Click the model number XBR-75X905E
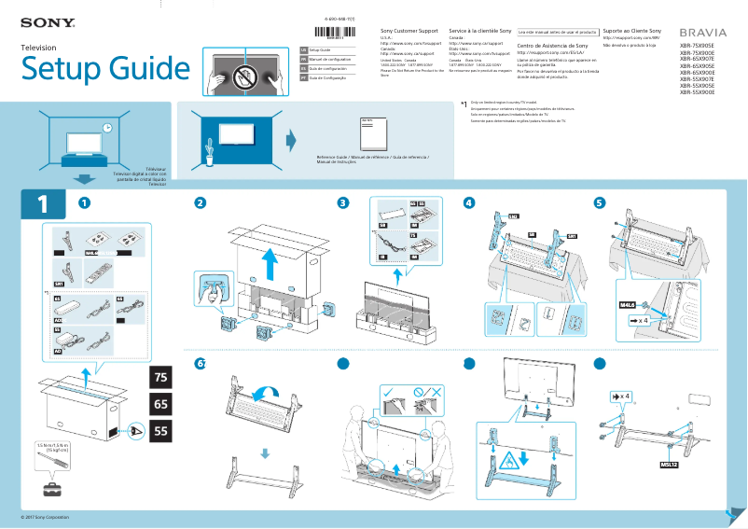click(697, 47)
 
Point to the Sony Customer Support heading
click(410, 32)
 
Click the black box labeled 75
click(161, 378)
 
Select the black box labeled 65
click(161, 405)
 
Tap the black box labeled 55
click(161, 432)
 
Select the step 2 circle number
click(199, 203)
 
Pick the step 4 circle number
click(469, 203)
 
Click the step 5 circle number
click(599, 203)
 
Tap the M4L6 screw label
click(628, 304)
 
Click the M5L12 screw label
click(668, 464)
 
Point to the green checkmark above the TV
click(387, 393)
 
